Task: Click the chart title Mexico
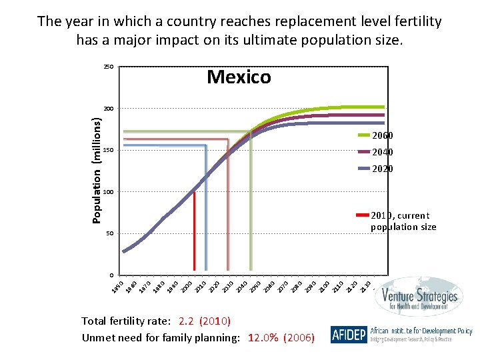pyautogui.click(x=239, y=77)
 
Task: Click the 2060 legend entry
pyautogui.click(x=382, y=135)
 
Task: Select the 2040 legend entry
pyautogui.click(x=382, y=152)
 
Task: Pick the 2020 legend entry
pyautogui.click(x=382, y=169)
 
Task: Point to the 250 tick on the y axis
pyautogui.click(x=108, y=67)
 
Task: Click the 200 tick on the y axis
pyautogui.click(x=108, y=109)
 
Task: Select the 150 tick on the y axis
pyautogui.click(x=108, y=151)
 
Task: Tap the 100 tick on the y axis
pyautogui.click(x=108, y=192)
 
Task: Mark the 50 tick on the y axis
pyautogui.click(x=109, y=234)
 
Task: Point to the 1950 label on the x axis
pyautogui.click(x=117, y=286)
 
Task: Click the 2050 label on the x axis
pyautogui.click(x=255, y=286)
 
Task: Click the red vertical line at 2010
pyautogui.click(x=194, y=233)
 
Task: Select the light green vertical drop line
pyautogui.click(x=251, y=200)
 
